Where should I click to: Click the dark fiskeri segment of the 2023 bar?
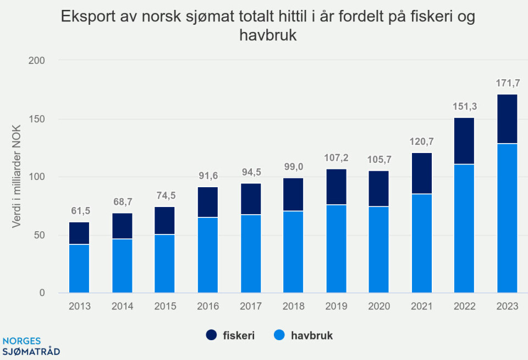coord(507,119)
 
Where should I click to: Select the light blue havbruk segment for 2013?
coord(79,268)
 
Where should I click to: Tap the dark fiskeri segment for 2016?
coord(208,202)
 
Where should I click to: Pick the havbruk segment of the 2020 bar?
coord(379,249)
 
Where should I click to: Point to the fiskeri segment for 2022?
coord(464,141)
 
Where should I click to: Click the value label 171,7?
coord(507,84)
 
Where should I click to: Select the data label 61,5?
coord(79,212)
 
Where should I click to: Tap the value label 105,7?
coord(379,161)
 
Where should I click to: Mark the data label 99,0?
coord(293,168)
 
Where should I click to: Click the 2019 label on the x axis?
coord(336,307)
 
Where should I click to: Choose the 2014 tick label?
coord(122,307)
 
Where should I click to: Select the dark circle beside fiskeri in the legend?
coord(213,335)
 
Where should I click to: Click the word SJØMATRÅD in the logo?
coord(31,351)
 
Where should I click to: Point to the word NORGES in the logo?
coord(21,341)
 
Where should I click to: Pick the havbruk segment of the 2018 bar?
coord(293,252)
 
